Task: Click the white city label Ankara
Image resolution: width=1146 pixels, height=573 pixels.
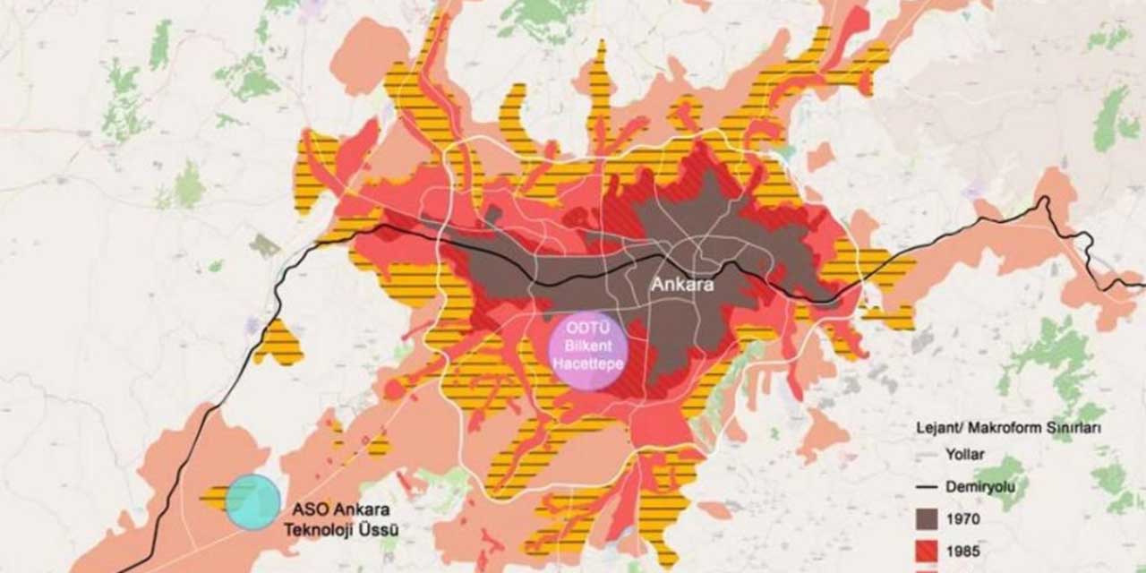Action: coord(681,285)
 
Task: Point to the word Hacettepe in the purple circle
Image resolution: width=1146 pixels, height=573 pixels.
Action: coord(586,362)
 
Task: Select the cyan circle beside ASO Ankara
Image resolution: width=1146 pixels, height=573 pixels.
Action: coord(252,502)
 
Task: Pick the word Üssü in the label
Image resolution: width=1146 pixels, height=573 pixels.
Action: coord(379,529)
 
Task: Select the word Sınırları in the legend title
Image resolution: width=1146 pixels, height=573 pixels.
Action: coord(1072,429)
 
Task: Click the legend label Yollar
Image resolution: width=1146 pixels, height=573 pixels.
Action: coord(963,455)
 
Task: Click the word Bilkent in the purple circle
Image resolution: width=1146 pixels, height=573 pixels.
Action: coord(586,346)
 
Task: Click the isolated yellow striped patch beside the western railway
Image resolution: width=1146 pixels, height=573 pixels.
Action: coord(278,344)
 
